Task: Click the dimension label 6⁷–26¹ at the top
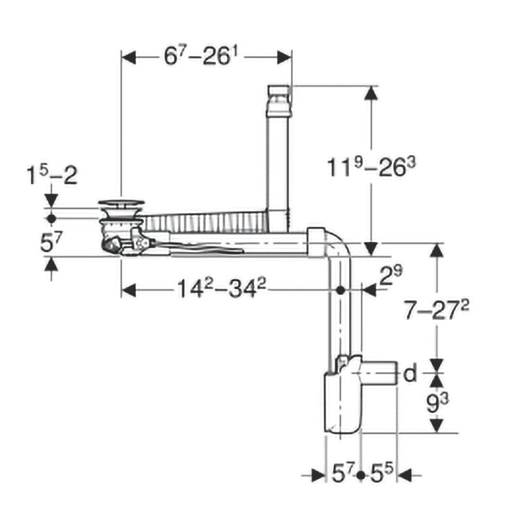(x=200, y=56)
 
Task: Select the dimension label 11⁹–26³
(x=371, y=167)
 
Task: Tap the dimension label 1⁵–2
(x=52, y=175)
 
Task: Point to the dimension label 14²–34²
(x=221, y=288)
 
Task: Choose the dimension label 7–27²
(x=436, y=310)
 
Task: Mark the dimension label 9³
(x=437, y=403)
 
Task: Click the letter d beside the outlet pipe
(x=410, y=373)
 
